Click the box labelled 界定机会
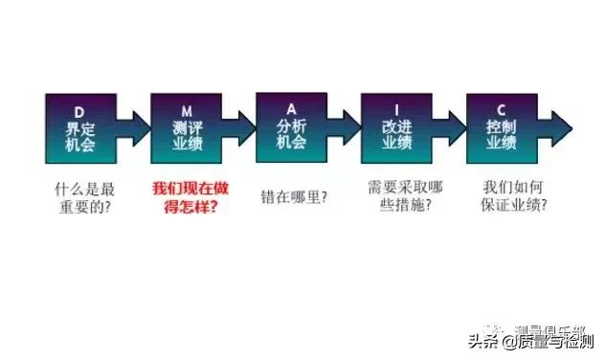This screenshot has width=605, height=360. pos(80,127)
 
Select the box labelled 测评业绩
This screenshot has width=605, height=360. pos(186,127)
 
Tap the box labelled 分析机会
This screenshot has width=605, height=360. pos(291,127)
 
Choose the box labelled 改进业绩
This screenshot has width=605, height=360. pos(396,127)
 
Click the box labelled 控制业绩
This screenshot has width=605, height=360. pos(502,127)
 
